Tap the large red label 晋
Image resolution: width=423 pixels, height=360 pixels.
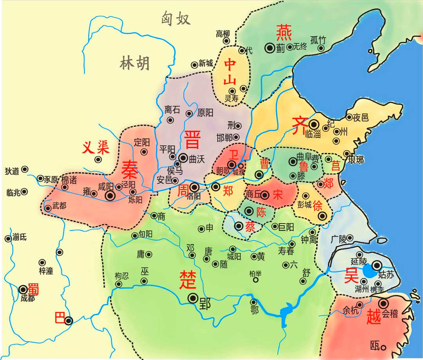tap(192, 140)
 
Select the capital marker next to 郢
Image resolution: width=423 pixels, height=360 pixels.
tap(193, 299)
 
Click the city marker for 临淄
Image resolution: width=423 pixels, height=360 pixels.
tap(313, 124)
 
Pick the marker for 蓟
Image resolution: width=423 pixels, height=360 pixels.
tap(269, 48)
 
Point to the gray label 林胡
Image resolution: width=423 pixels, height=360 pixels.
tap(134, 63)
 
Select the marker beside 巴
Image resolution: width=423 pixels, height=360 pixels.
tap(69, 320)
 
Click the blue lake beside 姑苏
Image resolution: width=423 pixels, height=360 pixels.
tap(369, 271)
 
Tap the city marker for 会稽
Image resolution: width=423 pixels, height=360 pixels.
tap(383, 303)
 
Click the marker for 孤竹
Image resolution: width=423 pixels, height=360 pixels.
tap(321, 48)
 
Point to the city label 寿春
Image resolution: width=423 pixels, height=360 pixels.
tap(286, 252)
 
